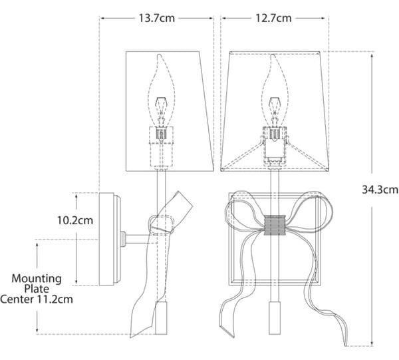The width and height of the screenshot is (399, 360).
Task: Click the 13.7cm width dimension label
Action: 156,19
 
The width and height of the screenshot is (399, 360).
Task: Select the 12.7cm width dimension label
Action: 273,19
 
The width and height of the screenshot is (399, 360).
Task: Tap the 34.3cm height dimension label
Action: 380,190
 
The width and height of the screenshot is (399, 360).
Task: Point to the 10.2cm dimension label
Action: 74,220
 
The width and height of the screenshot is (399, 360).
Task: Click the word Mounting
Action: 37,279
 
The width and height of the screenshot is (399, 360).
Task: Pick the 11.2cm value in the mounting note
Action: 55,299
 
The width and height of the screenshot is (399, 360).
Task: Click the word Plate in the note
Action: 37,289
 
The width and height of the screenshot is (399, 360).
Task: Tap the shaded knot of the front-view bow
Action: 274,225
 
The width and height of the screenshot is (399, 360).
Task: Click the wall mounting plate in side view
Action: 106,239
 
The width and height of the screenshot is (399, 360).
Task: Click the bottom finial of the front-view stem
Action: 274,317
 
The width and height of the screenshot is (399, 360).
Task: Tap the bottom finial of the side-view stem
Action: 161,317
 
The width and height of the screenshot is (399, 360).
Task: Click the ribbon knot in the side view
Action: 162,224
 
